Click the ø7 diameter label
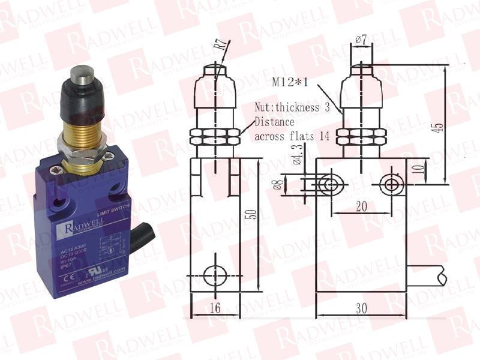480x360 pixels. [361, 40]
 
